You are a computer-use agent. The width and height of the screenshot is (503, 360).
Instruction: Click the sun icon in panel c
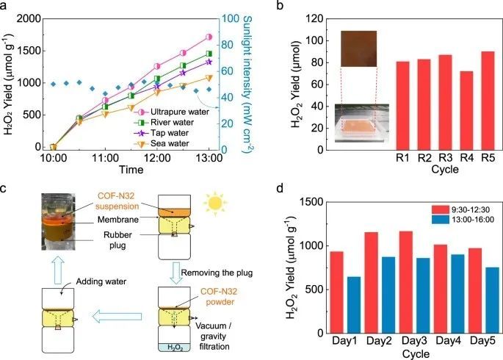pos(217,201)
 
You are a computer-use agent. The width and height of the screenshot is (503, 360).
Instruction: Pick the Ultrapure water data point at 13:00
pos(209,37)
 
